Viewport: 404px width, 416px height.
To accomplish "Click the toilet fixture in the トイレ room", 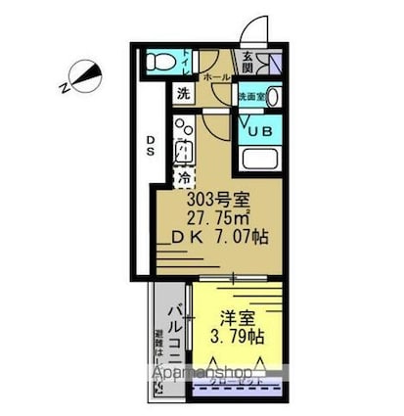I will tap(157, 64).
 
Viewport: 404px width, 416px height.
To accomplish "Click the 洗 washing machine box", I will tap(184, 94).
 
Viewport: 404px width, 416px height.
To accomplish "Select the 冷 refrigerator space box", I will tap(185, 178).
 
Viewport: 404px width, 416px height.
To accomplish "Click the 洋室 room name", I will tap(239, 318).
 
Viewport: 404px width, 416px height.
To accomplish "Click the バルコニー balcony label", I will tap(172, 333).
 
